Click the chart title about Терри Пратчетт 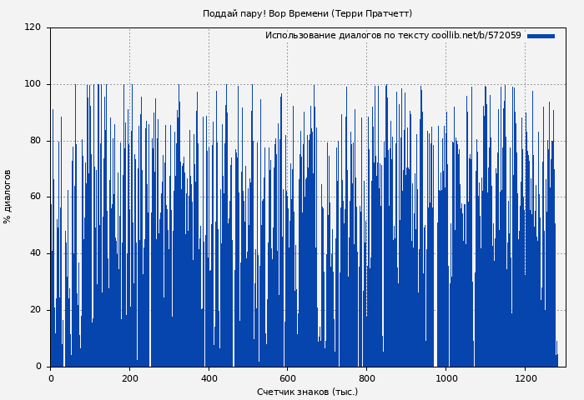pos(307,13)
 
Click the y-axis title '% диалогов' pos(8,197)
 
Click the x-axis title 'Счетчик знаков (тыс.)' pos(307,392)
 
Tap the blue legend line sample pos(541,36)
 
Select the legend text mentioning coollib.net pos(393,36)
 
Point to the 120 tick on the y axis pos(33,27)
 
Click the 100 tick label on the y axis pos(33,84)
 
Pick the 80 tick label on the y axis pos(35,141)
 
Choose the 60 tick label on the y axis pos(35,197)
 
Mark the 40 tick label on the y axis pos(35,253)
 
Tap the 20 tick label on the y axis pos(35,310)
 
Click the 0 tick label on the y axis pos(38,367)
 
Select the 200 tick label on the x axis pos(129,378)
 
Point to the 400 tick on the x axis pos(209,378)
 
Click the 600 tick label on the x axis pos(288,378)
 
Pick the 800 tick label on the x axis pos(367,378)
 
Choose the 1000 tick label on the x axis pos(446,378)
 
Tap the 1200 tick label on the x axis pos(525,378)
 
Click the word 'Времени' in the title pos(310,13)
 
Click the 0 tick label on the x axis pos(51,378)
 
